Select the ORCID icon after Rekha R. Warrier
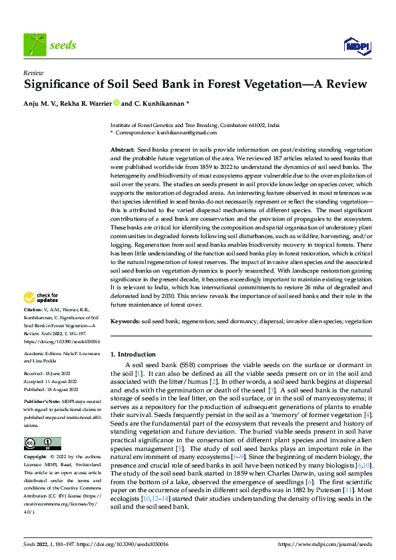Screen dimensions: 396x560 117,103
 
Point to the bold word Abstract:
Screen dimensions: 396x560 122,151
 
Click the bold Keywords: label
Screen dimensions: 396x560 124,321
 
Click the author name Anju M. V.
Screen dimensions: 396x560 43,103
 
